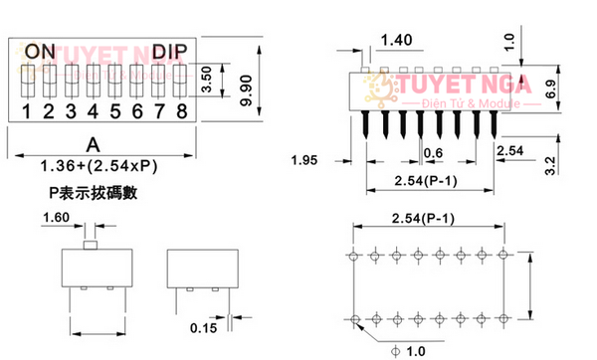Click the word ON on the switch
click(41, 51)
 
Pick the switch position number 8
click(181, 109)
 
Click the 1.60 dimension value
click(56, 216)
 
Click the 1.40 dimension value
click(396, 40)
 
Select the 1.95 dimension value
click(304, 160)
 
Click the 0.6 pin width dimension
click(434, 152)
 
